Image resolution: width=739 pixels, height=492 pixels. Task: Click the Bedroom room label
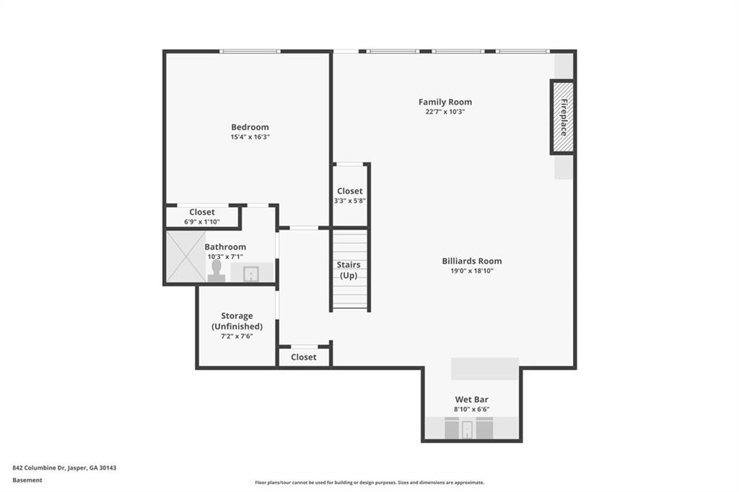point(250,127)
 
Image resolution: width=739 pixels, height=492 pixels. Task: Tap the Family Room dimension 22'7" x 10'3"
point(445,112)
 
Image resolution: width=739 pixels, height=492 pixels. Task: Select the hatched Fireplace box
point(563,117)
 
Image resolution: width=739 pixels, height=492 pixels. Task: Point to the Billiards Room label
point(471,261)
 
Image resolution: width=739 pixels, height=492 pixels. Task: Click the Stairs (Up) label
point(349,270)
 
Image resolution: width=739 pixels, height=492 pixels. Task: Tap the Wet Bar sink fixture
point(467,429)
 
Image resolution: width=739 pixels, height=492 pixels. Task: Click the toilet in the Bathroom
point(216,271)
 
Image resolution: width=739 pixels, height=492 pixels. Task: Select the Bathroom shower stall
point(186,256)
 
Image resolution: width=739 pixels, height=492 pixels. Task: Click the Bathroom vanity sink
point(251,273)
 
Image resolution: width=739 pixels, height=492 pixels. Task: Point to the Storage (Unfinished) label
point(237,321)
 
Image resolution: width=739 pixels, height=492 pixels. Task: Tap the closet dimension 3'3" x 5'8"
point(350,201)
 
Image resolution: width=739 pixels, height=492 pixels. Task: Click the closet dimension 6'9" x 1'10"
point(202,221)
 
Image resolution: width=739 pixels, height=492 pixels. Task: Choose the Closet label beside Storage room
point(304,357)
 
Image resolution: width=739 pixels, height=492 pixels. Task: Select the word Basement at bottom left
point(27,480)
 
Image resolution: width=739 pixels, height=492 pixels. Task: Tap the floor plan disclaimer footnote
point(369,483)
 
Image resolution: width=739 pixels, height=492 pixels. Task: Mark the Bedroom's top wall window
point(250,51)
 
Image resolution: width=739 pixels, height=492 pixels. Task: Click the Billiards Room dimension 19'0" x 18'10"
point(471,271)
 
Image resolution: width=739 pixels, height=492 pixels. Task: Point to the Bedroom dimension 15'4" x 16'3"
point(250,137)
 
